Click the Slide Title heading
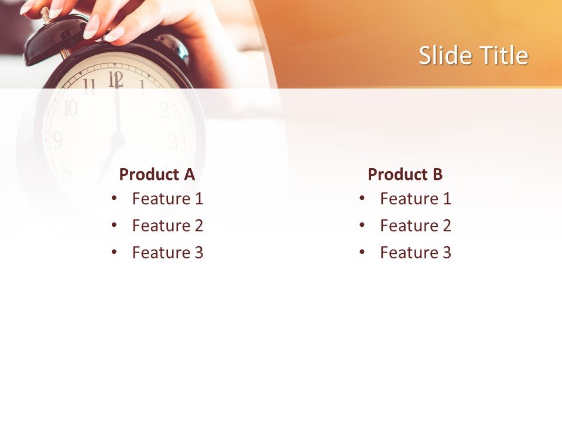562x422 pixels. pyautogui.click(x=473, y=56)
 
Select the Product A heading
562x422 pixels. pyautogui.click(x=156, y=174)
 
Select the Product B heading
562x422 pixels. pyautogui.click(x=405, y=174)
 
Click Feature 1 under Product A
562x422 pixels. pyautogui.click(x=167, y=199)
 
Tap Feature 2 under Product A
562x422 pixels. pyautogui.click(x=167, y=226)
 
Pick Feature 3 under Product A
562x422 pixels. pyautogui.click(x=167, y=253)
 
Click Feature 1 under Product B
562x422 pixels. pyautogui.click(x=415, y=199)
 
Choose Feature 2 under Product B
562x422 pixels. pyautogui.click(x=415, y=226)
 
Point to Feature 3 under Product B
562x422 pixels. pyautogui.click(x=415, y=253)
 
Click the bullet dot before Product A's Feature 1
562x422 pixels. pyautogui.click(x=114, y=199)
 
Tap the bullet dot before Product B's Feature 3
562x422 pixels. pyautogui.click(x=362, y=253)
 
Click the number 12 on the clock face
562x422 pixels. pyautogui.click(x=116, y=79)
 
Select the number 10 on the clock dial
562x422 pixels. pyautogui.click(x=70, y=108)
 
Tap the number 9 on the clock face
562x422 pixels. pyautogui.click(x=57, y=139)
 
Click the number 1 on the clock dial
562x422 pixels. pyautogui.click(x=142, y=88)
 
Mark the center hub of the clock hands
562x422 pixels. pyautogui.click(x=118, y=140)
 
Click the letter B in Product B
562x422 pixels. pyautogui.click(x=437, y=174)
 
